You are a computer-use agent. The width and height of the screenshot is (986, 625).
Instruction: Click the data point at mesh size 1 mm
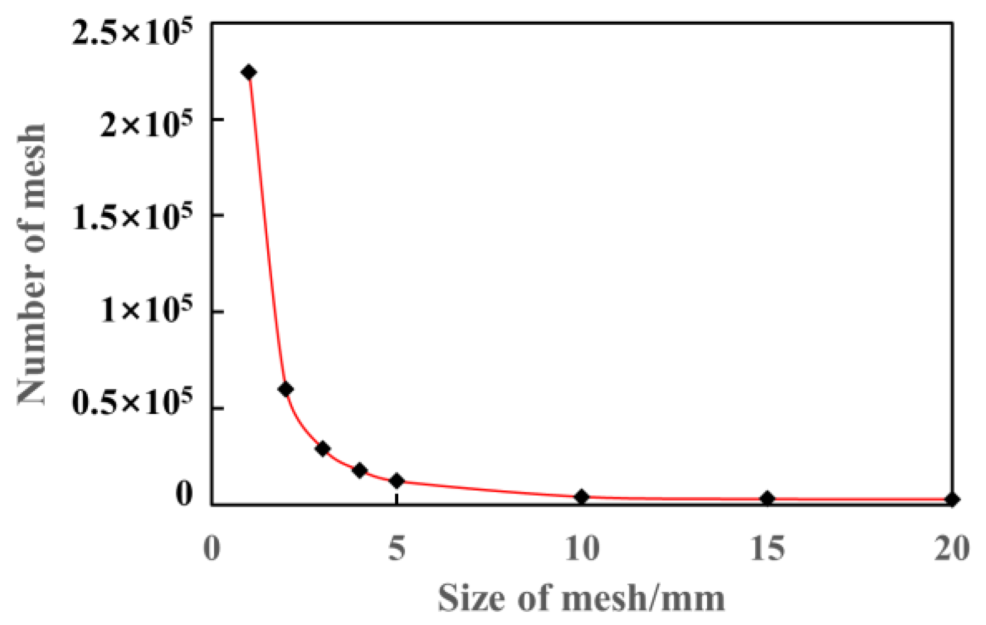click(249, 72)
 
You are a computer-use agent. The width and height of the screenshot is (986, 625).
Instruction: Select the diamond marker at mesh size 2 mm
click(286, 389)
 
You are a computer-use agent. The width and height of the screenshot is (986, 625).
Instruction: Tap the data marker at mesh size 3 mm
click(323, 449)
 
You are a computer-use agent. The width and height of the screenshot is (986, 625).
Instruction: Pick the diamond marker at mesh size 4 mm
click(360, 471)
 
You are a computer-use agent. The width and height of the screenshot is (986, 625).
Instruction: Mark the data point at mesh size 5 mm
click(397, 481)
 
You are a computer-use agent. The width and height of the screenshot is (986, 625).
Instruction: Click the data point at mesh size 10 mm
click(581, 497)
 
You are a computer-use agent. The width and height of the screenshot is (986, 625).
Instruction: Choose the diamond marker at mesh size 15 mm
click(767, 498)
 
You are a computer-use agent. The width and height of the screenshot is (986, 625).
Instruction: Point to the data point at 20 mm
click(951, 500)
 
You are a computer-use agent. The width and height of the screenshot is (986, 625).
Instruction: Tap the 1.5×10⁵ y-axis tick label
click(133, 217)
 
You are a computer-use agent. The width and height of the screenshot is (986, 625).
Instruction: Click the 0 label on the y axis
click(184, 493)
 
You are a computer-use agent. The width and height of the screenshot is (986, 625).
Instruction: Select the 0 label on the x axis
click(212, 549)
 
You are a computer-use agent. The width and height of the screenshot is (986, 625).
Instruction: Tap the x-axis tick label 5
click(397, 549)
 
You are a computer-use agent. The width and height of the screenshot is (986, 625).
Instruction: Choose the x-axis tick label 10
click(582, 549)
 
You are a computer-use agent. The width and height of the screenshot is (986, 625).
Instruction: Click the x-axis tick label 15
click(767, 549)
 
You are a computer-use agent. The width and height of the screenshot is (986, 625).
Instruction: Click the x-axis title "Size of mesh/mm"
click(581, 598)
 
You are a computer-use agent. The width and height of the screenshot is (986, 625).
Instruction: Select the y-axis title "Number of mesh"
click(31, 264)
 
